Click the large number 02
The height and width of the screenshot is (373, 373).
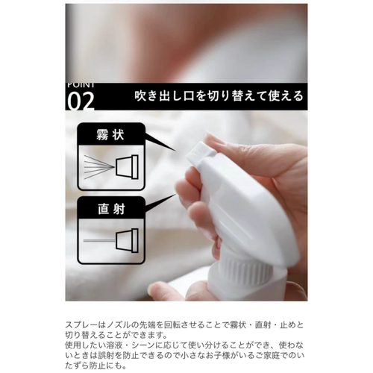(81, 101)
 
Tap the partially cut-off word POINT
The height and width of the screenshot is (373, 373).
(81, 85)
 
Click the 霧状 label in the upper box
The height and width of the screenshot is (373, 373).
(110, 135)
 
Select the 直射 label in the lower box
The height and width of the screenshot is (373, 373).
(111, 209)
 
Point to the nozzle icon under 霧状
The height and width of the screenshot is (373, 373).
(127, 166)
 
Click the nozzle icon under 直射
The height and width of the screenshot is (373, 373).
(127, 240)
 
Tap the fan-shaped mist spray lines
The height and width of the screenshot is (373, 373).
(99, 167)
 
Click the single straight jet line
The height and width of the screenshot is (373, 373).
(99, 241)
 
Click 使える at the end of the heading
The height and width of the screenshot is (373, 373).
(286, 96)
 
